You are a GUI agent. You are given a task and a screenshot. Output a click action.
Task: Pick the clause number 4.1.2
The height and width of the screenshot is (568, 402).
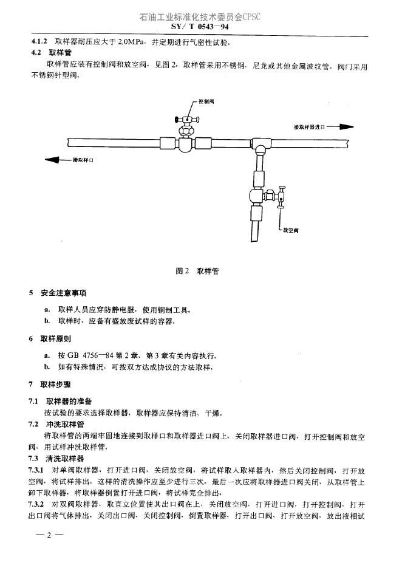(40, 42)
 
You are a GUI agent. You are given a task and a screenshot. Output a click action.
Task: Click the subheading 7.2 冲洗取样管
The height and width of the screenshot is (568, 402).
(58, 424)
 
